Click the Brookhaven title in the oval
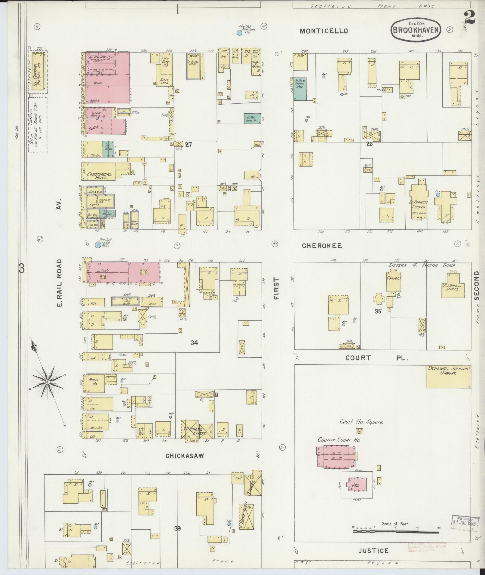[416, 30]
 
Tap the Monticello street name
[324, 31]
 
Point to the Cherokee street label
[322, 246]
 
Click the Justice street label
[373, 551]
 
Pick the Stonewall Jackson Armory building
[448, 376]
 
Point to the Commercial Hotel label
[99, 176]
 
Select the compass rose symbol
[48, 381]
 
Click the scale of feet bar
[395, 531]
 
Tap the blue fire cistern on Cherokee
[98, 245]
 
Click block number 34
[194, 342]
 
